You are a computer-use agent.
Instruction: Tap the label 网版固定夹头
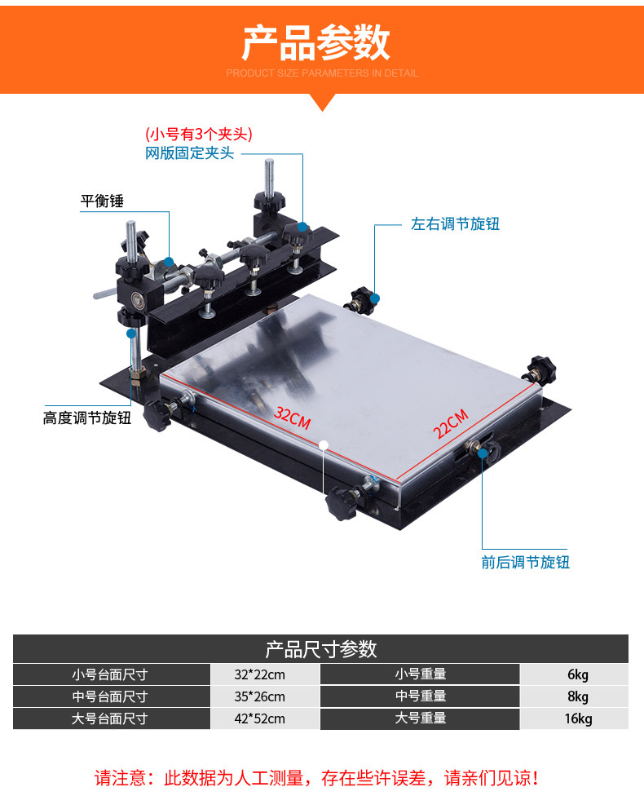[x=189, y=153]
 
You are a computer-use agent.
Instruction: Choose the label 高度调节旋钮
[x=87, y=418]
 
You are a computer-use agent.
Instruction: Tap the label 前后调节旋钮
[x=525, y=562]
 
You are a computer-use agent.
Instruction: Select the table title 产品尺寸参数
[x=321, y=649]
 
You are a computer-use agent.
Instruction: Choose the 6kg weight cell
[x=577, y=674]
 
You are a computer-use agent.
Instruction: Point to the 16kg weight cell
[x=577, y=718]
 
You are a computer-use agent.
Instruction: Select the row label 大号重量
[x=420, y=718]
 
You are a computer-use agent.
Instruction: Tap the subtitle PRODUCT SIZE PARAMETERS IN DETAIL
[x=321, y=73]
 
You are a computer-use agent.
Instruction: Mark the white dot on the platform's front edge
[x=324, y=445]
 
